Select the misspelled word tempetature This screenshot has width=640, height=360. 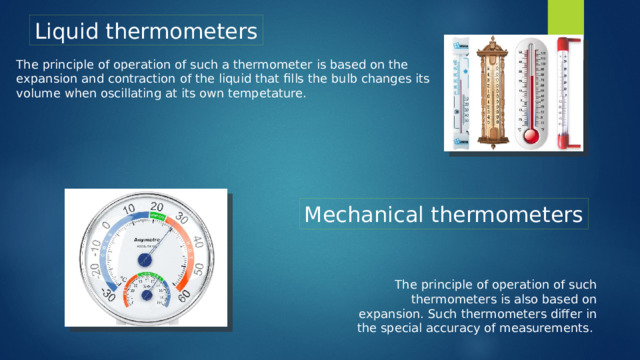[x=263, y=93]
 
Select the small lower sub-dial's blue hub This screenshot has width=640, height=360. [x=147, y=296]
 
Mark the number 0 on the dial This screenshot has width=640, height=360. [x=106, y=225]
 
